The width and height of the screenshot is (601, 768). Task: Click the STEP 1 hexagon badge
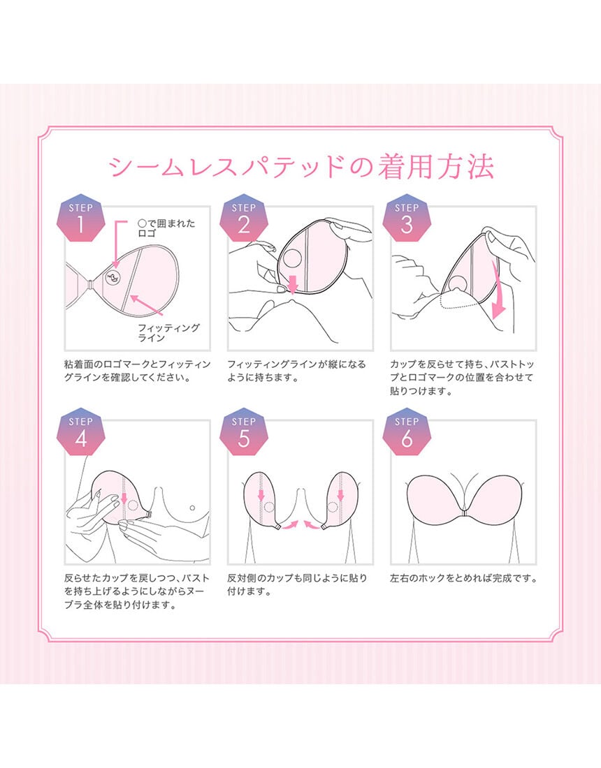81,221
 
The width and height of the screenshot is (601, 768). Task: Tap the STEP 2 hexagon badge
244,221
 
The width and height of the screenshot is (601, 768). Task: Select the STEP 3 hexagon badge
407,221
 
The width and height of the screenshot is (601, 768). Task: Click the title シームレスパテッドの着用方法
300,167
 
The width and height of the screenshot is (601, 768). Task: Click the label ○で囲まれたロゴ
166,228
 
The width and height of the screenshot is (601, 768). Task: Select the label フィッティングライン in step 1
168,332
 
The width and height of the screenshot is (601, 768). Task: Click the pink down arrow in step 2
293,283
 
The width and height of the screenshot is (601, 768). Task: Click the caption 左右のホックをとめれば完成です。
464,578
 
